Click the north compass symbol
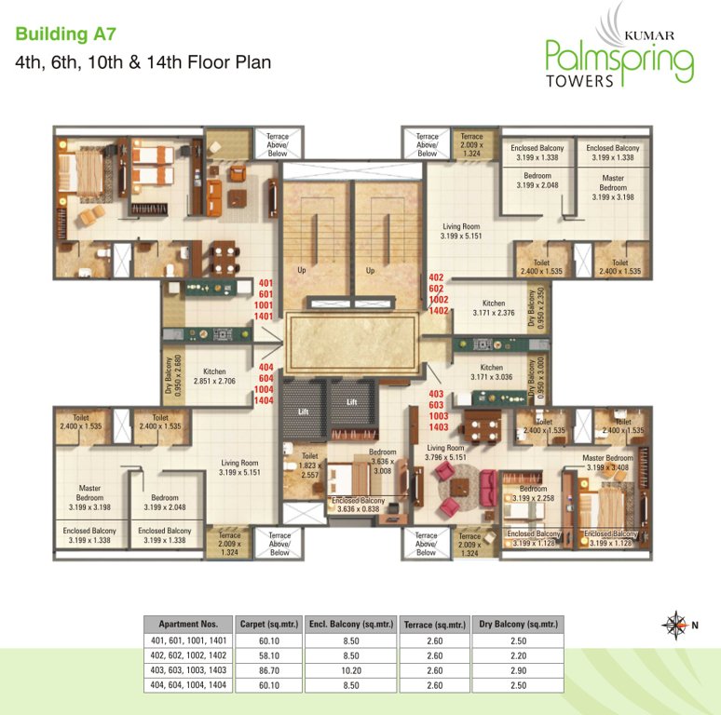(673, 625)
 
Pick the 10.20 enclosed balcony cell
(350, 670)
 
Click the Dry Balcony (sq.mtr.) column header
(518, 624)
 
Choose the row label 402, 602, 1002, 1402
(188, 655)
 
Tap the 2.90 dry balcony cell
(518, 670)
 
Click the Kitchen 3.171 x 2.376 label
(493, 308)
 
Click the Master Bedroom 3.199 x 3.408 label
(607, 462)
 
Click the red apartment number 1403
(439, 426)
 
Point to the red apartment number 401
(265, 283)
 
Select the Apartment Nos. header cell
(188, 624)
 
